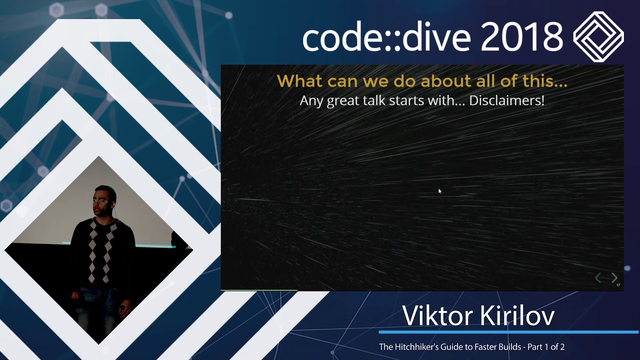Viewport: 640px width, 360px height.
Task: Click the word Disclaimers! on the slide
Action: pyautogui.click(x=506, y=100)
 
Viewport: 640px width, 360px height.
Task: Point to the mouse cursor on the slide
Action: pyautogui.click(x=439, y=191)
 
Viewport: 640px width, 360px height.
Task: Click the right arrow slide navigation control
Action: pyautogui.click(x=614, y=277)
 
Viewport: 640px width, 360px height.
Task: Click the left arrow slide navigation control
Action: pyautogui.click(x=598, y=277)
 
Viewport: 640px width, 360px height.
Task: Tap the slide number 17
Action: pyautogui.click(x=618, y=285)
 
